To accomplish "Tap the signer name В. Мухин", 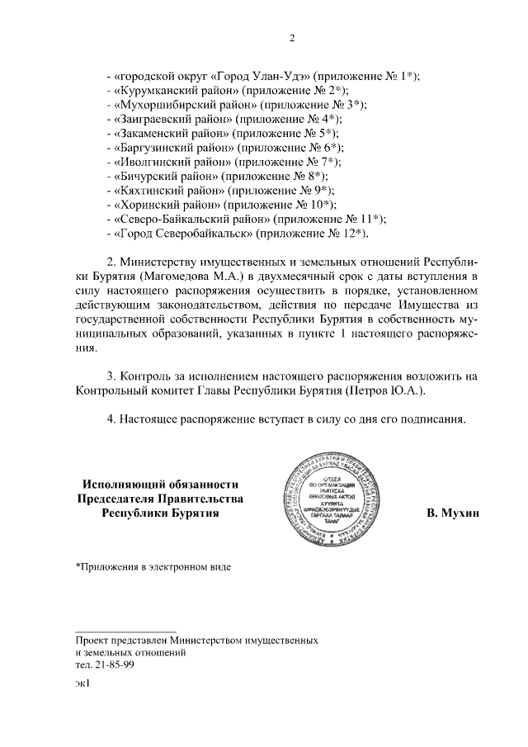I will point(453,513).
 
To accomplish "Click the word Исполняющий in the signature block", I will point(123,484).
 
